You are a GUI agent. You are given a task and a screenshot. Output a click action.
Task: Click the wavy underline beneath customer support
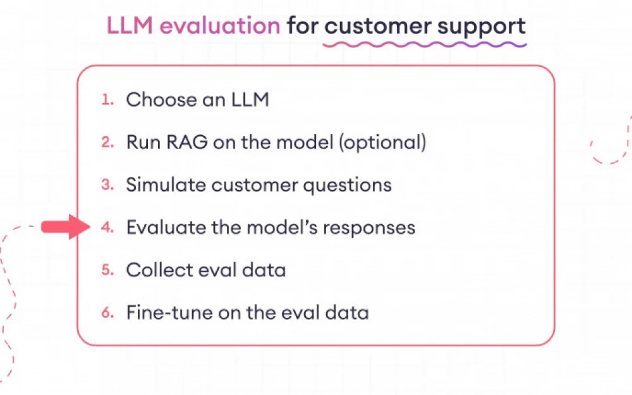tap(424, 45)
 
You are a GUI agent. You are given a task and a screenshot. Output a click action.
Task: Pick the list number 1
tap(107, 99)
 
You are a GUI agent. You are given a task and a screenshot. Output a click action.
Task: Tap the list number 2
tap(107, 142)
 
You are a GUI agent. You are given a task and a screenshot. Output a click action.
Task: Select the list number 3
tap(107, 185)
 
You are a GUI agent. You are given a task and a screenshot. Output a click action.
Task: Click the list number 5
tap(107, 270)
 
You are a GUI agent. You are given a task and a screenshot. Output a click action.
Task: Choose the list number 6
tap(107, 312)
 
